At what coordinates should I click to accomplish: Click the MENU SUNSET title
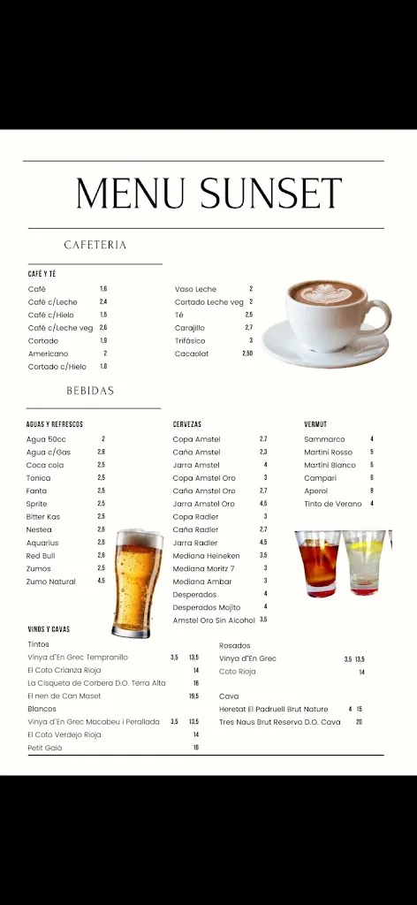click(208, 194)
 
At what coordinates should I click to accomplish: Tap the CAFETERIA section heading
click(95, 245)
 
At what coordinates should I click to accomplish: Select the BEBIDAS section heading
click(90, 391)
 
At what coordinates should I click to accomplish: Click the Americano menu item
click(48, 354)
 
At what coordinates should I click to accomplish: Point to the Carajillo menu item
click(189, 328)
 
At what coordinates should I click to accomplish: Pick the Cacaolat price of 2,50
click(247, 354)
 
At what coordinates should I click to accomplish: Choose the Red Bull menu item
click(40, 556)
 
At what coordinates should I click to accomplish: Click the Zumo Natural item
click(51, 582)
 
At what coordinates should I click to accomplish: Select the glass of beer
click(137, 583)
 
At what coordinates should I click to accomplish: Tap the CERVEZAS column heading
click(187, 425)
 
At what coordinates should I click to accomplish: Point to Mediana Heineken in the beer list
click(208, 556)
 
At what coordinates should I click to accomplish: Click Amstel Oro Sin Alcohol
click(213, 620)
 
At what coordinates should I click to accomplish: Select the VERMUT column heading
click(315, 425)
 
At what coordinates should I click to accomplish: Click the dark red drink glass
click(317, 563)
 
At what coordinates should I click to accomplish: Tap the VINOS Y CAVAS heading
click(49, 630)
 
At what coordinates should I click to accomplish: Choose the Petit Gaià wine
click(45, 748)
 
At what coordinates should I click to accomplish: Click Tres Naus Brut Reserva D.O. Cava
click(279, 722)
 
